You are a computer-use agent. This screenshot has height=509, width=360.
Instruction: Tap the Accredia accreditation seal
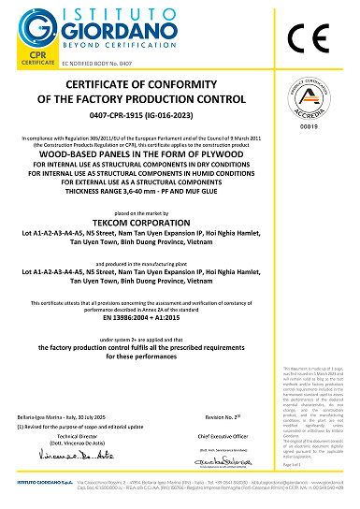327,101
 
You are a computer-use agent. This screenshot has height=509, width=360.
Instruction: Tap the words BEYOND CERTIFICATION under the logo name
106,44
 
